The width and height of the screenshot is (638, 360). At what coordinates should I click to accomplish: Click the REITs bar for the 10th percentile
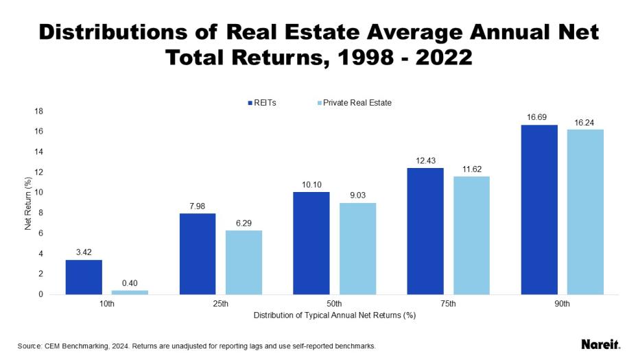coord(84,277)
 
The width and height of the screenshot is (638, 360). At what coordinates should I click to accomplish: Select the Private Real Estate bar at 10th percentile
coord(130,292)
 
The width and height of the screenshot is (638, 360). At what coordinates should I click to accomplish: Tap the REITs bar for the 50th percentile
coord(311,243)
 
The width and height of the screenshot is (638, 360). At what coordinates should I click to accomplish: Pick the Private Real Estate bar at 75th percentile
coord(471,235)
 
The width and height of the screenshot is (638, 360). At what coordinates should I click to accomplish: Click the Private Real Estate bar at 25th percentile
coord(244,262)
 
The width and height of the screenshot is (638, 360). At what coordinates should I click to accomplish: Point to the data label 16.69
coord(539,118)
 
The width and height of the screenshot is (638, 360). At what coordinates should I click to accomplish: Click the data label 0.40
coord(130,283)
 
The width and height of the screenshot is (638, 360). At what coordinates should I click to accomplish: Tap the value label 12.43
coord(425,160)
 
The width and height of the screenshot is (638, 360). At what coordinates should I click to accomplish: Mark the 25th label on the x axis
coord(221,304)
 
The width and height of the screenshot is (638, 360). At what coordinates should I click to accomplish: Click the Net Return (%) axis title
coord(28,203)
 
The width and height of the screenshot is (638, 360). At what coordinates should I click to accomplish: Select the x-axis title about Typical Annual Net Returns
coord(335,315)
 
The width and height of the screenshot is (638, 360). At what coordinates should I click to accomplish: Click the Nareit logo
coord(600,344)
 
